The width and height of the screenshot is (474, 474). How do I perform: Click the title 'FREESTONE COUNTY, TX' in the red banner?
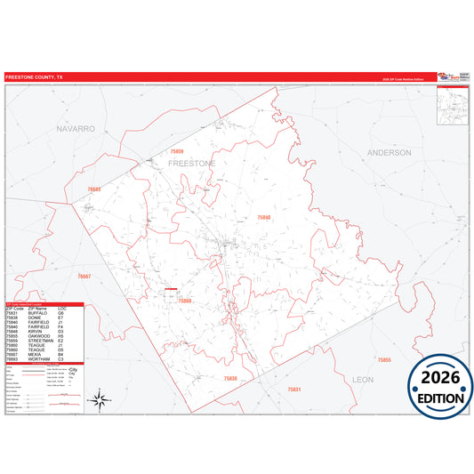tap(35, 78)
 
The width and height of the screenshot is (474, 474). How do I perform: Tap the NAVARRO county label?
tap(75, 129)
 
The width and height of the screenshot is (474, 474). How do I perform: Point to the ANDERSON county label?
tap(389, 153)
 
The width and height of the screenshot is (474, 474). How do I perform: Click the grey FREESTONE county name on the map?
tap(192, 165)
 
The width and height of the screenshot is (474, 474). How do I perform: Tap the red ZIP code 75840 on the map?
tap(265, 218)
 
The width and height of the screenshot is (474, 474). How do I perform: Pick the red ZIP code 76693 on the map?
tap(95, 189)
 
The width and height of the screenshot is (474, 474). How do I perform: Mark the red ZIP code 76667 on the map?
tap(84, 277)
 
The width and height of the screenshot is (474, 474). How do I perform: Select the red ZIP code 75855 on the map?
tap(383, 359)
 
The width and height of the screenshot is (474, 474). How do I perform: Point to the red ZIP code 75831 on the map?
tap(294, 390)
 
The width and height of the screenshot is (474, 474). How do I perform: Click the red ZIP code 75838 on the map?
tap(229, 379)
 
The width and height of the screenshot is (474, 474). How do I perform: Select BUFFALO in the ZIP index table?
tap(39, 313)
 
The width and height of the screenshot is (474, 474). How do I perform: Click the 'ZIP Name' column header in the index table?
tap(37, 309)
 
